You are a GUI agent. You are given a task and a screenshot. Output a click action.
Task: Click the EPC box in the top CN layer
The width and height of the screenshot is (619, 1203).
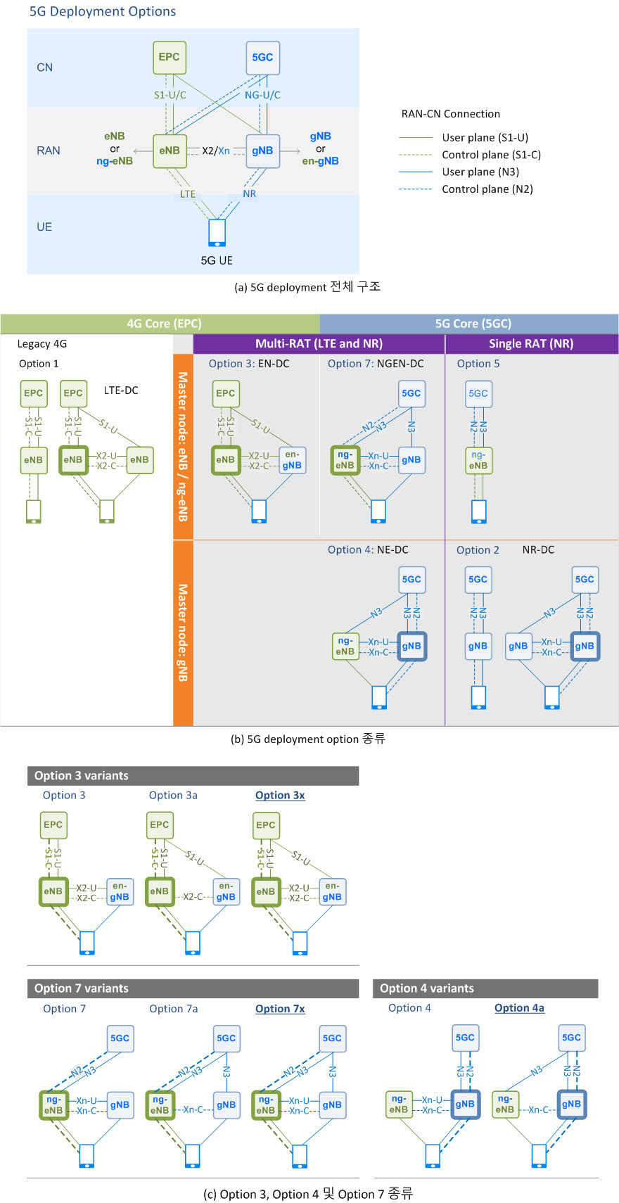coord(169,58)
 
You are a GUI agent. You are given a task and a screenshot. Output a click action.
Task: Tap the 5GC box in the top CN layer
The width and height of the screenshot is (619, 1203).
coord(262,58)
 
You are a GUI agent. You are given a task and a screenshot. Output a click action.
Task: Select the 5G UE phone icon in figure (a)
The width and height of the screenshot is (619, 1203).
coord(217,233)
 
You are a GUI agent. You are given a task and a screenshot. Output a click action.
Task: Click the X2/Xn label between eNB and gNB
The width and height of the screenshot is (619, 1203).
coord(216,151)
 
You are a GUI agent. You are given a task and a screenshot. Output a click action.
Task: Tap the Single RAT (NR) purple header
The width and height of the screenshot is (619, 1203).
coord(532,344)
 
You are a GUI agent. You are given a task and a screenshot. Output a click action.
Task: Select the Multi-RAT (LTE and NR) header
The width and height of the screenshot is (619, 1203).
coord(319,344)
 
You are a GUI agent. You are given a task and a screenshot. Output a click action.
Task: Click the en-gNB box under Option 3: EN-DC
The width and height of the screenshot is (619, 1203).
coord(292,460)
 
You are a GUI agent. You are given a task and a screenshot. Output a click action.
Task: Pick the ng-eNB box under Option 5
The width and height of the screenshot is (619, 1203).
coord(478,460)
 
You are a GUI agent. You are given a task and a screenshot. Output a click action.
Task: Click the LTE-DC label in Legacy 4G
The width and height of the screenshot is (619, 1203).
coord(121,390)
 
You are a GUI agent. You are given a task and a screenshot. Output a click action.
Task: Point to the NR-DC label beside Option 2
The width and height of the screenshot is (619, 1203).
coord(539,550)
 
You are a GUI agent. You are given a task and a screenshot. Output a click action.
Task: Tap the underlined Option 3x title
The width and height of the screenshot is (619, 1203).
coord(280,796)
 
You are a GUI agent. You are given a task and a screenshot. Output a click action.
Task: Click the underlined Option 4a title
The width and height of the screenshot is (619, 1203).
coord(519,1008)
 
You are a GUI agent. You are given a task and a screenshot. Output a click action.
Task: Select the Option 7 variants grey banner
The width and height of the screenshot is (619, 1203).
coord(193,988)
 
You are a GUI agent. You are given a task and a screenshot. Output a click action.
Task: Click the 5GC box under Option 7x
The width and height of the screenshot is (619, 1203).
coord(332,1038)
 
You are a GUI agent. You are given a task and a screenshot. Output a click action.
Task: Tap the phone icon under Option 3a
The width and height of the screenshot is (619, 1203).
coord(192,943)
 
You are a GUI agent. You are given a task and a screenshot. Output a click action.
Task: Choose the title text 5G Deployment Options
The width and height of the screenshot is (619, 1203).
coord(103,11)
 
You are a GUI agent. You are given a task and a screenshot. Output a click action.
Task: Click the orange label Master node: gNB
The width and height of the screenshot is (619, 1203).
coord(183,632)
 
